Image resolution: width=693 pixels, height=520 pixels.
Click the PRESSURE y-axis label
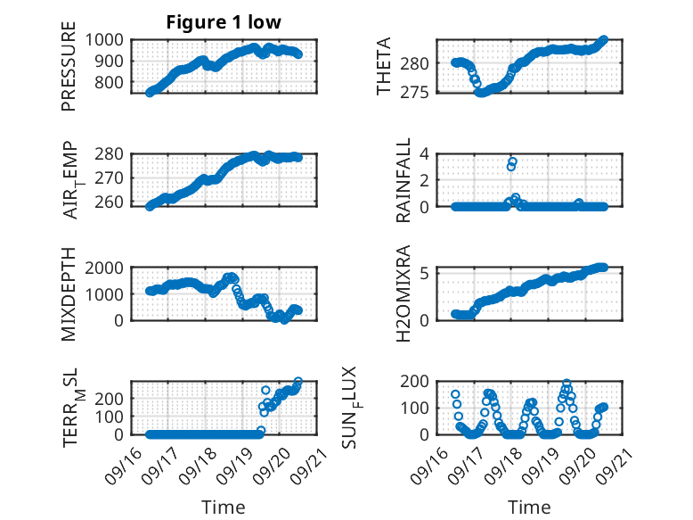(x=69, y=71)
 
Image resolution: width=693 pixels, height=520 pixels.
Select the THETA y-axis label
(x=385, y=66)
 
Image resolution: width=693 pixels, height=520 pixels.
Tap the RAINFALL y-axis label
(x=404, y=180)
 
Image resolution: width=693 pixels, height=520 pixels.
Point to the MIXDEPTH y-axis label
(x=69, y=293)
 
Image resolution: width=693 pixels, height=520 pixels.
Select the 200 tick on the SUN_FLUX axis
(x=420, y=382)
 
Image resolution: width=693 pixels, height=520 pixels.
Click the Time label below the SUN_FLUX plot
(x=529, y=508)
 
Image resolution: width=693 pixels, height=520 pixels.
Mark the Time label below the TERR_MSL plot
(x=223, y=508)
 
